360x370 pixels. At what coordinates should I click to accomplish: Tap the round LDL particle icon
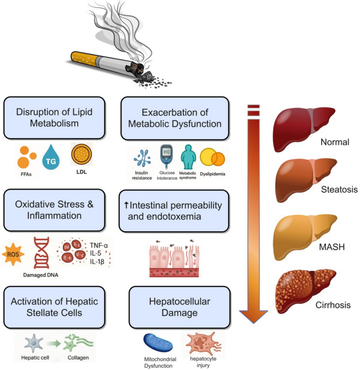(x=82, y=153)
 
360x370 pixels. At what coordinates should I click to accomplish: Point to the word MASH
(x=332, y=246)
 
